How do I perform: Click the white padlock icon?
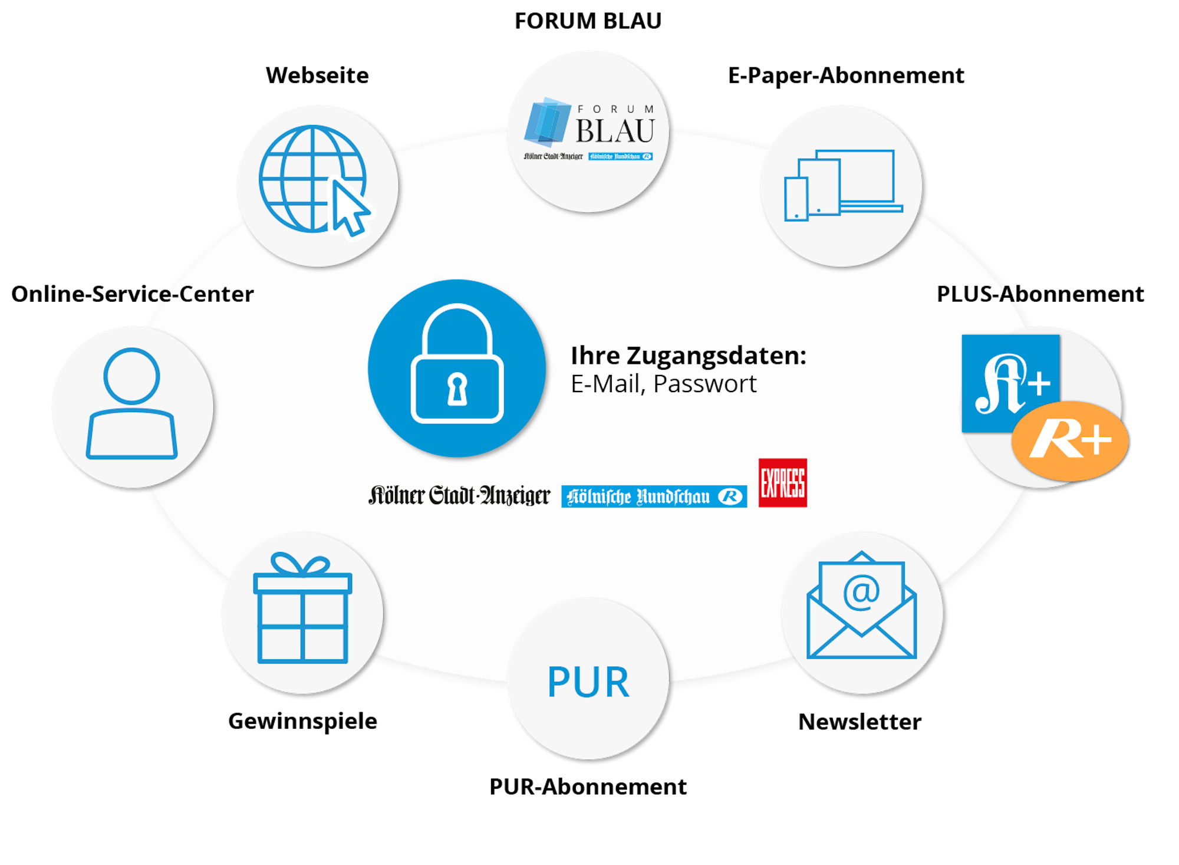(457, 366)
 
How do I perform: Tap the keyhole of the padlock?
(457, 389)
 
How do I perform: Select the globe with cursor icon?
(312, 180)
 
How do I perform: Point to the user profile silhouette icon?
(132, 403)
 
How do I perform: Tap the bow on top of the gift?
(301, 564)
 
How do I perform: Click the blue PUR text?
(588, 682)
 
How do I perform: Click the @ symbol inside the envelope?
(861, 591)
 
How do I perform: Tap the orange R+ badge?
(1069, 440)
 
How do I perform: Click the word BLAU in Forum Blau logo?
(615, 131)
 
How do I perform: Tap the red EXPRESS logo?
(782, 483)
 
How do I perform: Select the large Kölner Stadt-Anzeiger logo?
(459, 496)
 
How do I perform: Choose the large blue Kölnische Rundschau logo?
(654, 496)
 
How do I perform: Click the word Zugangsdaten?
(716, 356)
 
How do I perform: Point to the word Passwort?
(704, 384)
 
